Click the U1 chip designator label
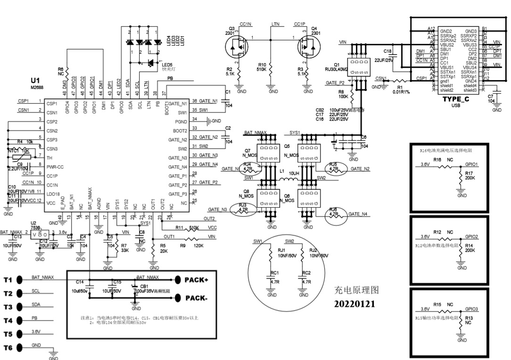coord(35,81)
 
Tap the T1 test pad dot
coord(19,280)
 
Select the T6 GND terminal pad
coord(19,348)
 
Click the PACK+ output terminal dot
coord(178,280)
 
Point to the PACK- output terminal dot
coord(178,298)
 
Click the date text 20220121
coord(354,304)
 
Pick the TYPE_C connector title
coord(455,99)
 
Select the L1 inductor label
coord(282,172)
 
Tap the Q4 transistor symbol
coord(306,47)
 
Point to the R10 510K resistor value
coord(262,69)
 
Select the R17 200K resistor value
coord(470,179)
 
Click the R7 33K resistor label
coord(124,248)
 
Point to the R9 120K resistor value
coord(198,245)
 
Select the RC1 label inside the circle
coord(274,273)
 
